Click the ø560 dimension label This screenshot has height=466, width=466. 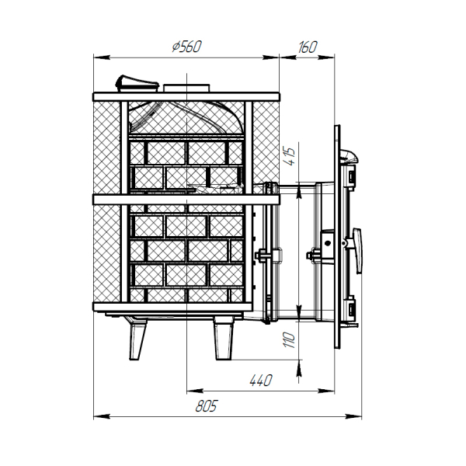(187, 47)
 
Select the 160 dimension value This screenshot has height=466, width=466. (308, 47)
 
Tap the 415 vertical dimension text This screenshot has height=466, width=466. (289, 156)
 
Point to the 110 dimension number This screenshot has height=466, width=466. (289, 340)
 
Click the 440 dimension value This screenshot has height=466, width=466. (261, 380)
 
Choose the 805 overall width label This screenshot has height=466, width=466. (207, 405)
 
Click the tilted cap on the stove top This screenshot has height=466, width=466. (137, 83)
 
